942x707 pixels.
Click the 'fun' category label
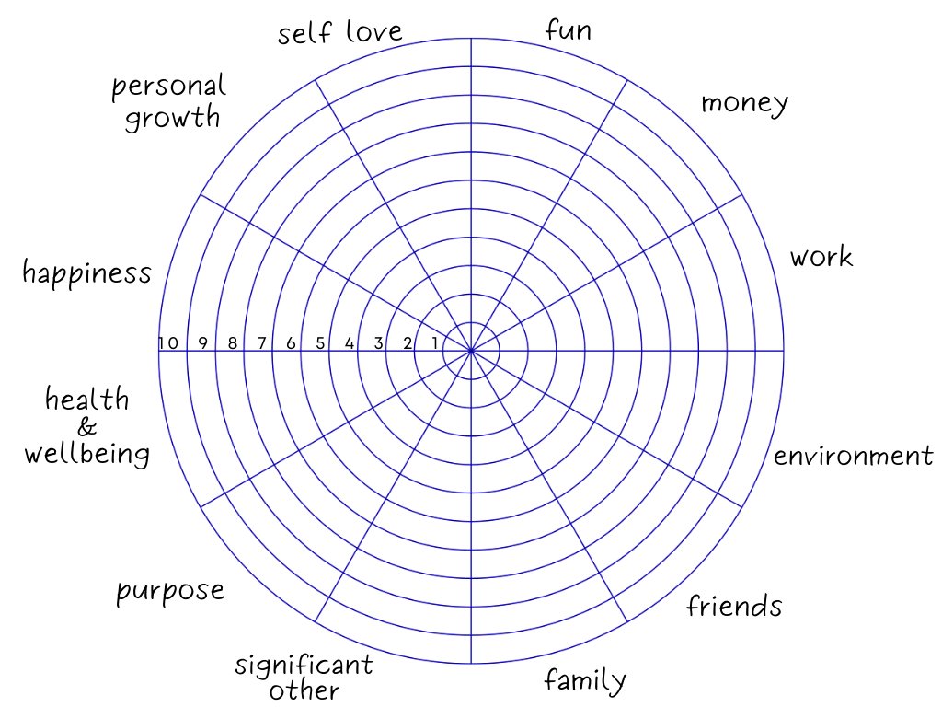coord(568,30)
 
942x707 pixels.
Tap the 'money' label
coord(744,102)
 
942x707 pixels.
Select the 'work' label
coord(821,257)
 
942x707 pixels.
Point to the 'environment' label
coord(853,456)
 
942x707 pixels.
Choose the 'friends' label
coord(734,606)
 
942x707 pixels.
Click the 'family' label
coord(585,681)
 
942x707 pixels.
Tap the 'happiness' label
coord(86,272)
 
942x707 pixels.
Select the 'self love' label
coord(340,33)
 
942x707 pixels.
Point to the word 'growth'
coord(173,118)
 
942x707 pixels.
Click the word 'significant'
coord(304,665)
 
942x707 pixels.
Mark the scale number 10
coord(167,343)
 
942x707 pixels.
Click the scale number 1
coord(436,343)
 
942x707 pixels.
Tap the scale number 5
coord(320,343)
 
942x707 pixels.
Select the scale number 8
coord(233,343)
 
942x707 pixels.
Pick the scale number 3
coord(378,343)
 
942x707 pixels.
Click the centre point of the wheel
coord(471,351)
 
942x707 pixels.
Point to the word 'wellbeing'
coord(86,454)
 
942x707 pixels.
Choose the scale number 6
coord(291,343)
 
